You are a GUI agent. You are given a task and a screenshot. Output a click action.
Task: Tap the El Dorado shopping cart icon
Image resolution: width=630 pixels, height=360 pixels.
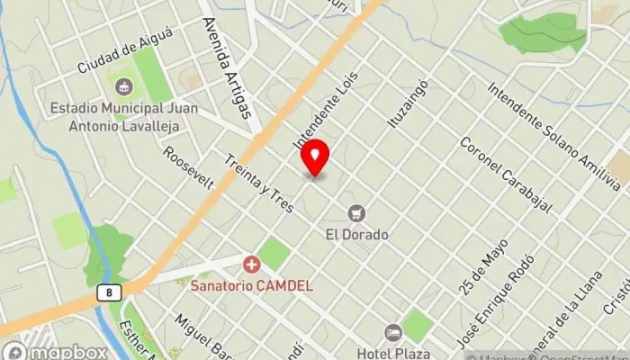pos(357,213)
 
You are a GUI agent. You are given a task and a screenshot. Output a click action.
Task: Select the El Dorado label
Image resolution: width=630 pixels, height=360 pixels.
pos(357,234)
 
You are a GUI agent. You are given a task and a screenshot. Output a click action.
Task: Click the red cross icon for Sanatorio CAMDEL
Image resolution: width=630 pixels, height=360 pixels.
pos(251,265)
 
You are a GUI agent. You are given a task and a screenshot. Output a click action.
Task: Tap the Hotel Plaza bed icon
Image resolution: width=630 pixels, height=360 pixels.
pos(392,333)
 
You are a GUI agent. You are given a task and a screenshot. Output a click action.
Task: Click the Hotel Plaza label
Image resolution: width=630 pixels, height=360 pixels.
pos(393,353)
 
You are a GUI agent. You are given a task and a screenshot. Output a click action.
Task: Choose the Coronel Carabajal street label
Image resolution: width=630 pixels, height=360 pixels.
pos(505,173)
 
